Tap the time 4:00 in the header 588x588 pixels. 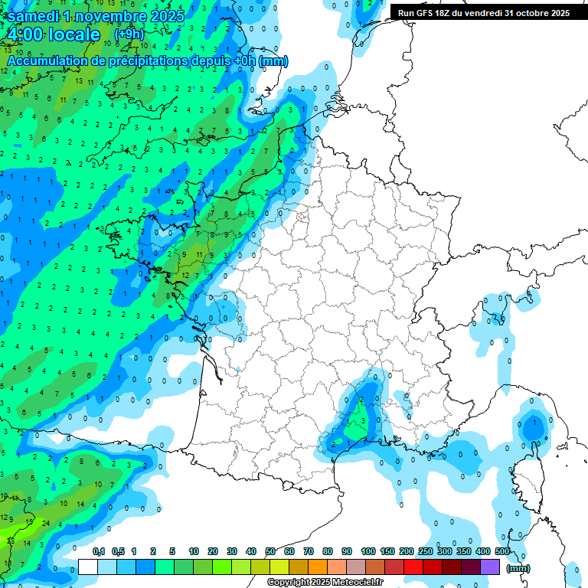(25, 34)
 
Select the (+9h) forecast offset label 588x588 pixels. (128, 34)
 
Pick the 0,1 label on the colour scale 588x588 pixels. (98, 551)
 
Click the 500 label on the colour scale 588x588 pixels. (502, 551)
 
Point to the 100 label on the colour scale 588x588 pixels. (368, 551)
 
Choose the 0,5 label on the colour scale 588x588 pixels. (117, 551)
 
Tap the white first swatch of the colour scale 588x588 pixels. (87, 567)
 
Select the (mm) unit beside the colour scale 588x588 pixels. (519, 568)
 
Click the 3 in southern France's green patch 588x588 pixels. (363, 420)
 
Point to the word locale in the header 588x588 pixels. (73, 34)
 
